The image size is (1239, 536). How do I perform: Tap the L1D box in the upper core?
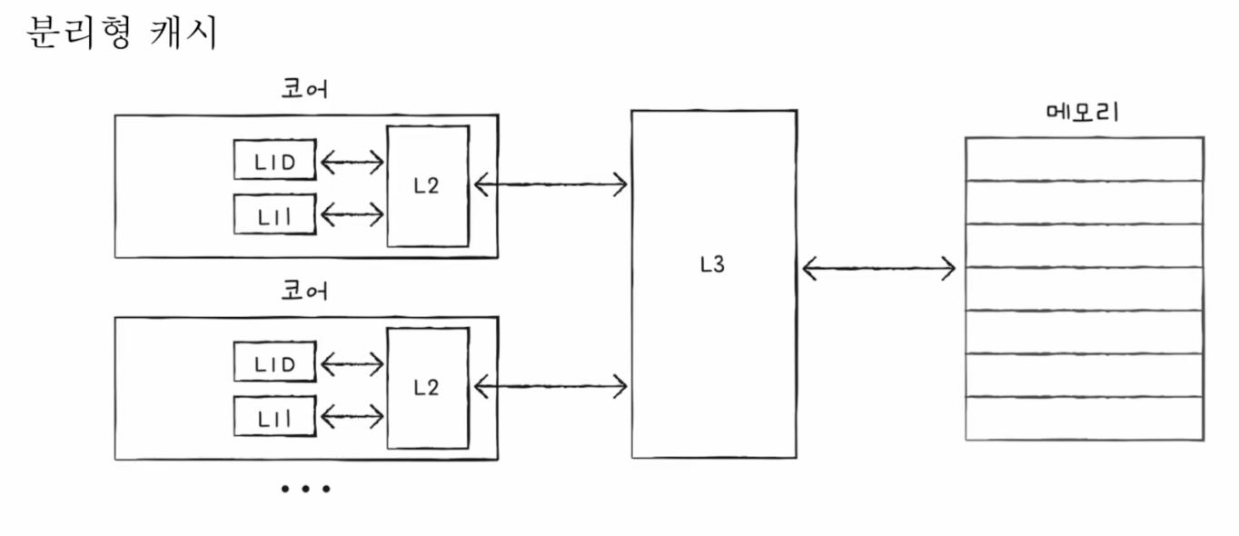pyautogui.click(x=275, y=161)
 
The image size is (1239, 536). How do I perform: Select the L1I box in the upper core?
pyautogui.click(x=275, y=214)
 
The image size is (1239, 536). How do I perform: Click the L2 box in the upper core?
pyautogui.click(x=427, y=186)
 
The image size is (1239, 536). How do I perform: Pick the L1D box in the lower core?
pyautogui.click(x=275, y=362)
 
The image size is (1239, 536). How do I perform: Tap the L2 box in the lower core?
pyautogui.click(x=427, y=388)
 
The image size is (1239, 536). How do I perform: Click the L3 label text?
pyautogui.click(x=713, y=267)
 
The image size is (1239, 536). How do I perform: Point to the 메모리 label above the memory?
pyautogui.click(x=1083, y=114)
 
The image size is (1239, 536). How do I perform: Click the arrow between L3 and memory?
pyautogui.click(x=879, y=268)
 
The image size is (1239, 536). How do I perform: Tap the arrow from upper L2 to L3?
pyautogui.click(x=550, y=184)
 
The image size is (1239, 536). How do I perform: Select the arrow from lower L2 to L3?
pyautogui.click(x=550, y=388)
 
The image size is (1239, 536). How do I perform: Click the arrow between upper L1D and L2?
pyautogui.click(x=352, y=163)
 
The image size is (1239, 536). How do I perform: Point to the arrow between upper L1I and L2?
pyautogui.click(x=352, y=215)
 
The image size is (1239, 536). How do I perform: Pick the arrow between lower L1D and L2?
pyautogui.click(x=352, y=364)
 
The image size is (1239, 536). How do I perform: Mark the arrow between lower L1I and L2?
pyautogui.click(x=352, y=417)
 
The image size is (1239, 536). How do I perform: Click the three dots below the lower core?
pyautogui.click(x=305, y=490)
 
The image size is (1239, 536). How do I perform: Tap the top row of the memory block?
pyautogui.click(x=1084, y=159)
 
